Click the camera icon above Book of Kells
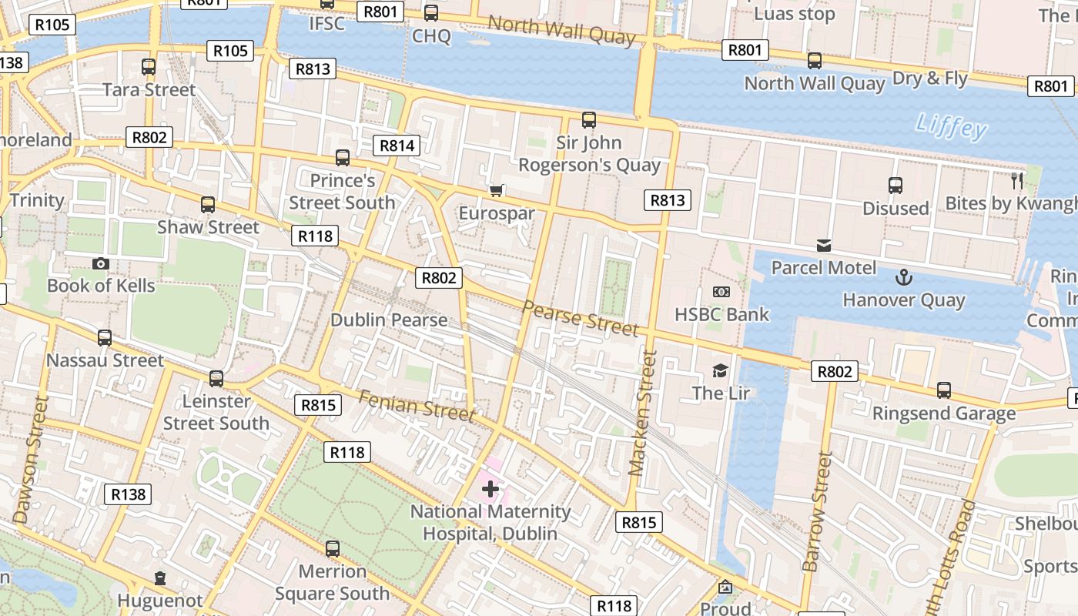[x=100, y=263]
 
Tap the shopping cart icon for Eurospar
[x=497, y=189]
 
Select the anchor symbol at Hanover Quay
[x=903, y=276]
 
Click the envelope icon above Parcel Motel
[x=824, y=246]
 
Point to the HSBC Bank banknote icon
[x=721, y=292]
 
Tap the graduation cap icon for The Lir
[x=720, y=370]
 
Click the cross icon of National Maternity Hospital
[x=490, y=488]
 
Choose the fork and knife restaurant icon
[x=1018, y=181]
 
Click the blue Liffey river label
[x=952, y=126]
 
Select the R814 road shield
[x=397, y=145]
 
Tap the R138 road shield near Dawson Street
[x=128, y=494]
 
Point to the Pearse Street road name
[x=581, y=318]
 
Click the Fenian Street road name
[x=417, y=406]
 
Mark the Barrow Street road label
[x=818, y=511]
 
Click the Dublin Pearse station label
[x=389, y=320]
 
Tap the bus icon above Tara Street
[x=149, y=67]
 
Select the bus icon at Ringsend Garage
[x=944, y=390]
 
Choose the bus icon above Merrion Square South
[x=333, y=549]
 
